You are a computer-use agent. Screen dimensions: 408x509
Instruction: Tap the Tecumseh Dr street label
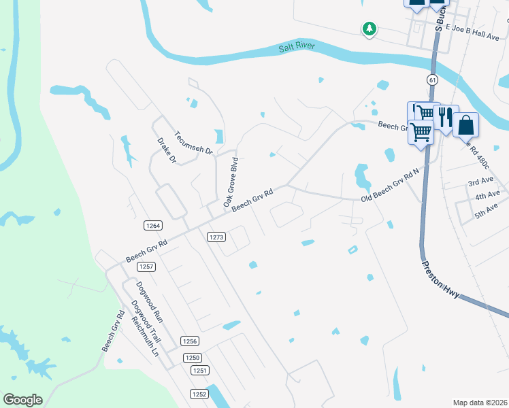pos(194,143)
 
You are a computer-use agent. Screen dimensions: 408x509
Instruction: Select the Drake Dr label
pos(167,151)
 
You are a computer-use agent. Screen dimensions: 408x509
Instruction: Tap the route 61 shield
pos(432,80)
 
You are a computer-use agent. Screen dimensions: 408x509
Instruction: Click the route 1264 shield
pos(152,225)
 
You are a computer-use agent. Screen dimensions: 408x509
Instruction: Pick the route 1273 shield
pos(216,237)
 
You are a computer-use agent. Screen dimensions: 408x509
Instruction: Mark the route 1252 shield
pos(199,394)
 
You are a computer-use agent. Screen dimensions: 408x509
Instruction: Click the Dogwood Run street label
pos(148,301)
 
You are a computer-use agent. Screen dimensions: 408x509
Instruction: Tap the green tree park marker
pos(369,29)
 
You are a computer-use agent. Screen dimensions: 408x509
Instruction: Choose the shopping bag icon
pos(466,124)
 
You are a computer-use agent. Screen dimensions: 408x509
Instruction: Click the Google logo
pos(23,400)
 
